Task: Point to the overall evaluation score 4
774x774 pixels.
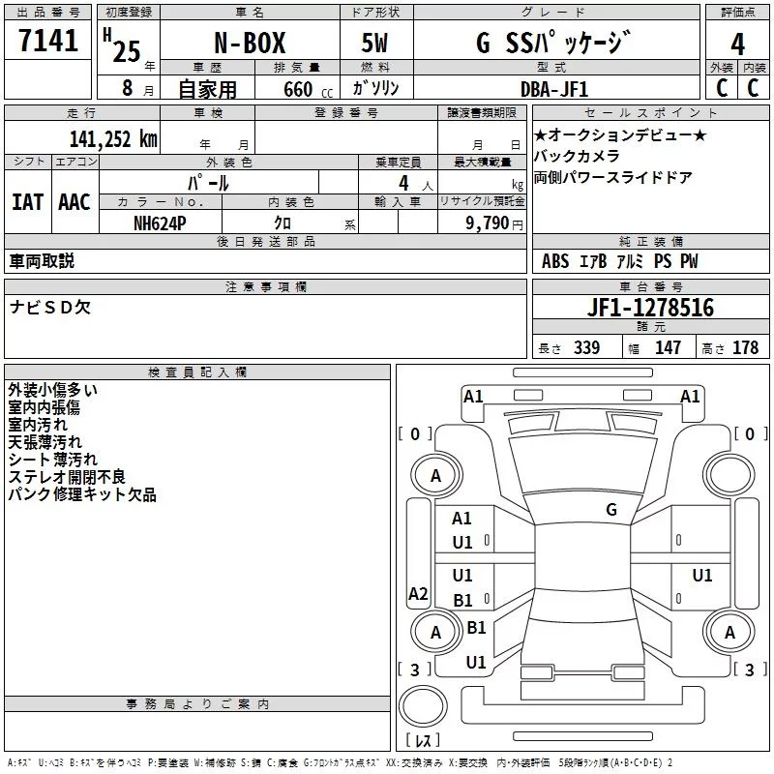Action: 737,45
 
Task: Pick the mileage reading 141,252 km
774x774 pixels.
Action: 113,138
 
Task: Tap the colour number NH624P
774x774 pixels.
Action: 161,222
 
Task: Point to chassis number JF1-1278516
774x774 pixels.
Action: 650,308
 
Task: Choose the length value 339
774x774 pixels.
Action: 586,348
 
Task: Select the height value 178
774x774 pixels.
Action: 745,348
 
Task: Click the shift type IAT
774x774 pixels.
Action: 27,201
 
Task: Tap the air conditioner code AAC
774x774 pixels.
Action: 74,201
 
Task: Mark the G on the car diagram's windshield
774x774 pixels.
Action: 611,509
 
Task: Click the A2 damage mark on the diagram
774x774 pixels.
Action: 418,594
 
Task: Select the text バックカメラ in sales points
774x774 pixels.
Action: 577,156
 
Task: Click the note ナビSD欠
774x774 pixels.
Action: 50,308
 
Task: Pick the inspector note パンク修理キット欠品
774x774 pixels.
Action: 82,495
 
